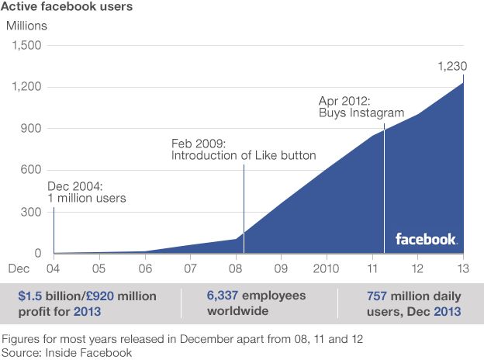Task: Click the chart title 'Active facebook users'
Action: pyautogui.click(x=67, y=7)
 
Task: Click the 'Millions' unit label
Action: pyautogui.click(x=27, y=25)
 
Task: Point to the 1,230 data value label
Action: pyautogui.click(x=452, y=67)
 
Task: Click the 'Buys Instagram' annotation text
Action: pyautogui.click(x=361, y=113)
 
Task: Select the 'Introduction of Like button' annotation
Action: pyautogui.click(x=244, y=156)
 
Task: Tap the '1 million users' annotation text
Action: pyautogui.click(x=87, y=199)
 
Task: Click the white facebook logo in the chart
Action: pyautogui.click(x=426, y=239)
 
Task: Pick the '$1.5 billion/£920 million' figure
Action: pyautogui.click(x=87, y=296)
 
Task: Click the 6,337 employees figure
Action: pyautogui.click(x=224, y=296)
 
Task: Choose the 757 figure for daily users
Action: pyautogui.click(x=379, y=296)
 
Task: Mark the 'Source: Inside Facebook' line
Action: pyautogui.click(x=68, y=352)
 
